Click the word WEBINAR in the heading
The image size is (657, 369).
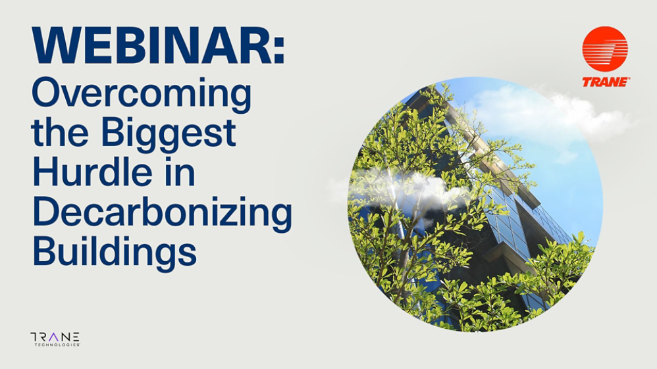[148, 45]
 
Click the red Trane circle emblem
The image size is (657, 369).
[604, 49]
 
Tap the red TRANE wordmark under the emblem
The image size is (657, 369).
[605, 82]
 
